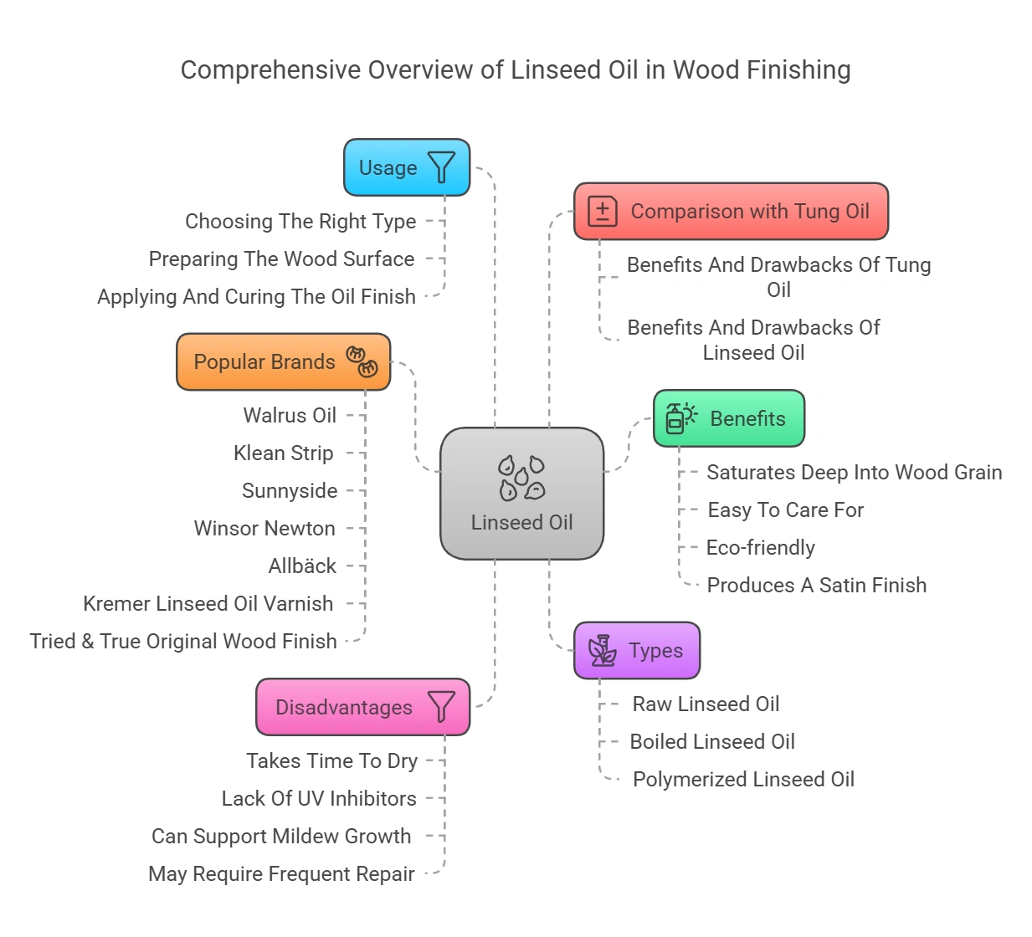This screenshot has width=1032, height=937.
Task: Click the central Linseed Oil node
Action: coord(521,494)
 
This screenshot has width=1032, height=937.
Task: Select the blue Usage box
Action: coord(407,167)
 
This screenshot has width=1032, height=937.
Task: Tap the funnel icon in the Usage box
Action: coord(441,167)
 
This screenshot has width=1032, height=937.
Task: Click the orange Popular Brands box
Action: coord(283,362)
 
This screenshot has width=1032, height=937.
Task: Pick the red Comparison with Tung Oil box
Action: coord(731,212)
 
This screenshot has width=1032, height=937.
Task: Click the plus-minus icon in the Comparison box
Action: coord(602,212)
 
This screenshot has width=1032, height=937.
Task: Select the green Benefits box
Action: coord(728,418)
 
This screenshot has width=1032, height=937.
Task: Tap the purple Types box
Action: coord(636,651)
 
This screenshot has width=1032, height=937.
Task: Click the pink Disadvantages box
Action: coord(362,708)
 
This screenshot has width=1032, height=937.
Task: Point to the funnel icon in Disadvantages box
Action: coord(441,707)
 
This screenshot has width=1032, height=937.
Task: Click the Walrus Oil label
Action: coord(290,416)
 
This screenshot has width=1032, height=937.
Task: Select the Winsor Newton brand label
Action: coord(264,529)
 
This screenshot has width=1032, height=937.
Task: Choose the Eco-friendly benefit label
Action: coord(760,548)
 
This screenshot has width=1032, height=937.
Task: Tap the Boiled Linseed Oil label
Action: coord(712,742)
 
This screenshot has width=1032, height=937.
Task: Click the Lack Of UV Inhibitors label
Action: coord(319,799)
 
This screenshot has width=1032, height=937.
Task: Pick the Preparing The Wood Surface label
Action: coord(281,259)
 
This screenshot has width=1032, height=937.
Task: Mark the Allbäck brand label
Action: coord(302,566)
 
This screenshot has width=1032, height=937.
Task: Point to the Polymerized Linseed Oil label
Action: coord(743,780)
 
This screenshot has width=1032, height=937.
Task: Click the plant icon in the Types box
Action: coord(602,651)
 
